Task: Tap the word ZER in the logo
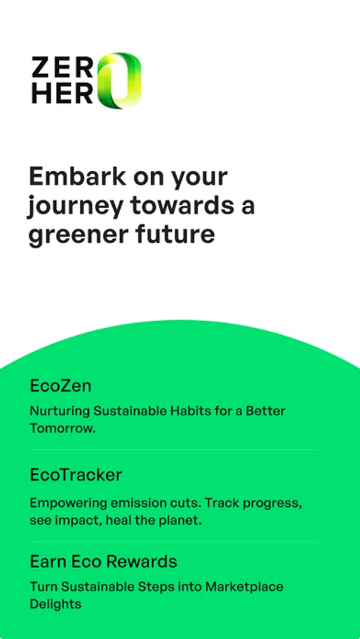click(62, 67)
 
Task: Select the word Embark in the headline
click(77, 177)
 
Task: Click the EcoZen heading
click(60, 386)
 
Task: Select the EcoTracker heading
click(76, 475)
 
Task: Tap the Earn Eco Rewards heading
click(104, 562)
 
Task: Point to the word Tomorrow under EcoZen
click(62, 429)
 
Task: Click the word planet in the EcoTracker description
click(182, 521)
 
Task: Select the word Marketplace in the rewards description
click(244, 587)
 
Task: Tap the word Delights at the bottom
click(55, 604)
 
